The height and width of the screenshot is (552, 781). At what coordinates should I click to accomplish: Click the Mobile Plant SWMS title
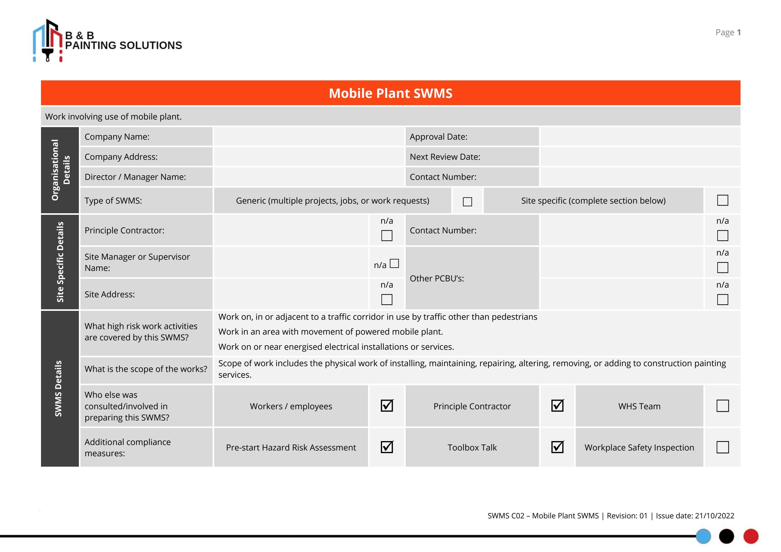(390, 93)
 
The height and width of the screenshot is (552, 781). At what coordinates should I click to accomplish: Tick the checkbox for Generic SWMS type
(467, 201)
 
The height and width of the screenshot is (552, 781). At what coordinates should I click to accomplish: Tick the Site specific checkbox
(722, 200)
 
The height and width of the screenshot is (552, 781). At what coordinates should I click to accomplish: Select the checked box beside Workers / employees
(387, 406)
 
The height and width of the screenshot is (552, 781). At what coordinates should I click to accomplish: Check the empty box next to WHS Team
(722, 406)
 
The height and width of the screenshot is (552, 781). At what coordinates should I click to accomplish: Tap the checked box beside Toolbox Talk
(557, 447)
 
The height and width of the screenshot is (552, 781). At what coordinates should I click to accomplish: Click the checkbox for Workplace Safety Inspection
(722, 447)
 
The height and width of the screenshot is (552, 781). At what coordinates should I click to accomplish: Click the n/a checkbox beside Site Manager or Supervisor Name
(394, 263)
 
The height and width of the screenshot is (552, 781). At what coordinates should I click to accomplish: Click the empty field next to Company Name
(308, 137)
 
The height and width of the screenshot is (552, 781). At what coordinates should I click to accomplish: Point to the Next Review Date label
(445, 157)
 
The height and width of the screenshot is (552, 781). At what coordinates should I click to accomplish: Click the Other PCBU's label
(437, 278)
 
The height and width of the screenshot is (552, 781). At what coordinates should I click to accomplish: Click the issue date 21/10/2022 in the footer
(714, 516)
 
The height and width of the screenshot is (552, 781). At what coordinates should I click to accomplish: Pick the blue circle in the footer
(703, 537)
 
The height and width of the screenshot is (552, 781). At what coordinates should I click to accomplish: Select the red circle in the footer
(751, 537)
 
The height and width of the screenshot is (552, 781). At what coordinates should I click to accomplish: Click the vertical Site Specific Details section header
(60, 262)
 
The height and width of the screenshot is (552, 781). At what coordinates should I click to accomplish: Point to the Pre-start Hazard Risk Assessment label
(291, 447)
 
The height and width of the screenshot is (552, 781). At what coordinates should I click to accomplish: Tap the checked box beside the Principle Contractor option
(557, 406)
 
